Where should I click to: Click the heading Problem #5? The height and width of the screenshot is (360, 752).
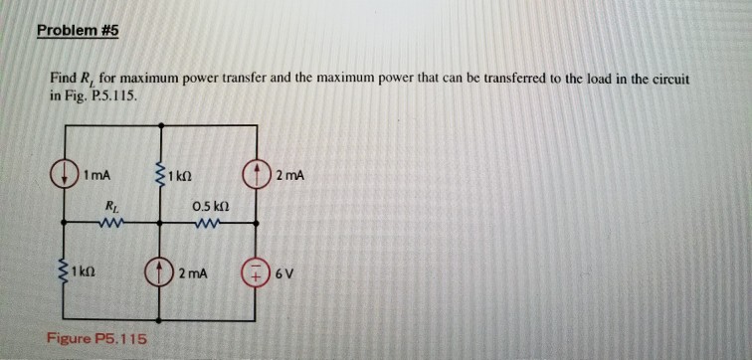coord(77,30)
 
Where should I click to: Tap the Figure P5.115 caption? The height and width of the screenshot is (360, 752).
coord(96,339)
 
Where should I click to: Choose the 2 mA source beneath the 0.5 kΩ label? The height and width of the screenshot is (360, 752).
coord(163,270)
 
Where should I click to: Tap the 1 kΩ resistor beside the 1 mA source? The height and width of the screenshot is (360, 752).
coord(159,177)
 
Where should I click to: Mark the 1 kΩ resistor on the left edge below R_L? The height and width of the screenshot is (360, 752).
coord(64,270)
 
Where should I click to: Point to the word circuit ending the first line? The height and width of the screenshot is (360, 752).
coord(670,79)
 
